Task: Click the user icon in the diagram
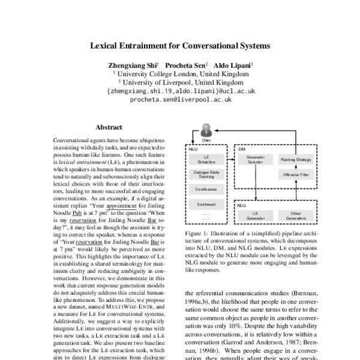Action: (x=207, y=130)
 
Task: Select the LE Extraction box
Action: (x=206, y=160)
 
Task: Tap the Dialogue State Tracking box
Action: (x=206, y=175)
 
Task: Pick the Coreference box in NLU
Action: (x=206, y=189)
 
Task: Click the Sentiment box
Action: (x=206, y=204)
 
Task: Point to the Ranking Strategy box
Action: (x=295, y=160)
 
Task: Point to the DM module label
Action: (x=241, y=148)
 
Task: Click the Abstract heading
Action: (x=109, y=127)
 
